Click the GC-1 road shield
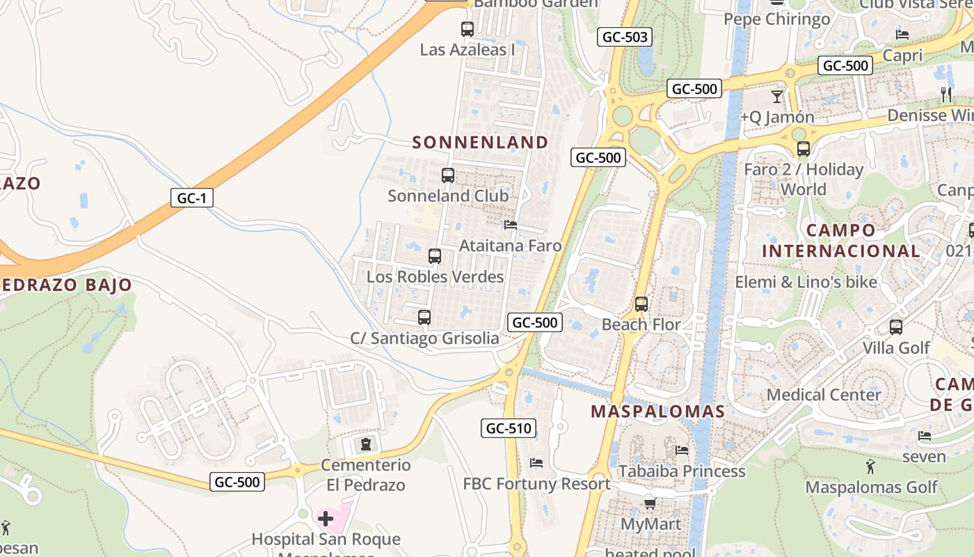[x=192, y=198]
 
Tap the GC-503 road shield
[x=625, y=38]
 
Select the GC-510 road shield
[x=509, y=428]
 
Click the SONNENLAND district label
[x=480, y=143]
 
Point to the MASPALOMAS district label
[x=657, y=411]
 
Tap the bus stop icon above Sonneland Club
[x=448, y=175]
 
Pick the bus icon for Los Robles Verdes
[x=435, y=256]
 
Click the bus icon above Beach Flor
[x=641, y=304]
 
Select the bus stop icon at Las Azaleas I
[x=468, y=29]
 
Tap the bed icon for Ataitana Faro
[x=511, y=225]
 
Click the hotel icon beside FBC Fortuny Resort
[x=536, y=462]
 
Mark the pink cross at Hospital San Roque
[x=326, y=518]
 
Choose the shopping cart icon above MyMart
[x=650, y=503]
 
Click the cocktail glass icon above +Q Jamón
[x=777, y=96]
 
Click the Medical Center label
[x=824, y=395]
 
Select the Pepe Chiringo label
[x=776, y=19]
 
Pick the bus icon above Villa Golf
[x=896, y=327]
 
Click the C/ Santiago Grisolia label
[x=424, y=338]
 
